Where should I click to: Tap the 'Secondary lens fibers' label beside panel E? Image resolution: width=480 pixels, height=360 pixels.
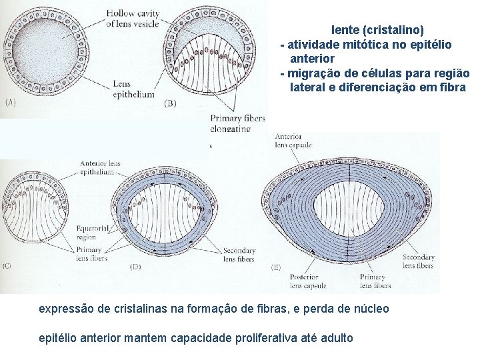pos(418,261)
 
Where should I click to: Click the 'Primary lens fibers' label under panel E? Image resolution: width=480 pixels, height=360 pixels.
pos(375,281)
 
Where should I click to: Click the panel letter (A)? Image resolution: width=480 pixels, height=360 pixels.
pos(11,102)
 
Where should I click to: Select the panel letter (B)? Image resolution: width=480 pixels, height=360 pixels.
pos(169,103)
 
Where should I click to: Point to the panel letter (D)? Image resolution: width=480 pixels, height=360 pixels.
pos(135,267)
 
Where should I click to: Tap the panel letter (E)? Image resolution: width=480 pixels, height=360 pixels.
pos(275,267)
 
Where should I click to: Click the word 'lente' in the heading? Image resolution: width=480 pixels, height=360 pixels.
pos(344,30)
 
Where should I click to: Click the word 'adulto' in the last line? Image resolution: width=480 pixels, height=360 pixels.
pos(337,337)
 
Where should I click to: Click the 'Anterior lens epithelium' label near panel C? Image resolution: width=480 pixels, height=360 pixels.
pos(100,167)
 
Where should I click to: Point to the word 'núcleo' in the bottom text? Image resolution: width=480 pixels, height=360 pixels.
pos(371,309)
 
